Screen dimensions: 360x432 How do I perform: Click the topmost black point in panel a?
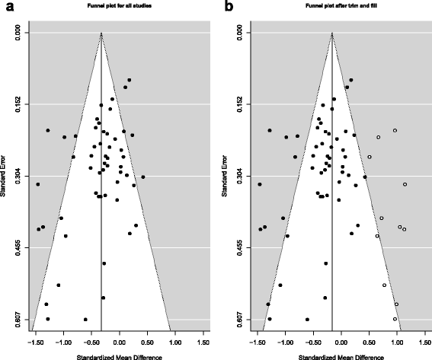[x=130, y=80]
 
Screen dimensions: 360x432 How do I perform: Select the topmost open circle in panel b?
[x=395, y=131]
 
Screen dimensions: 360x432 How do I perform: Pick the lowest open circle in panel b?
[x=395, y=319]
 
